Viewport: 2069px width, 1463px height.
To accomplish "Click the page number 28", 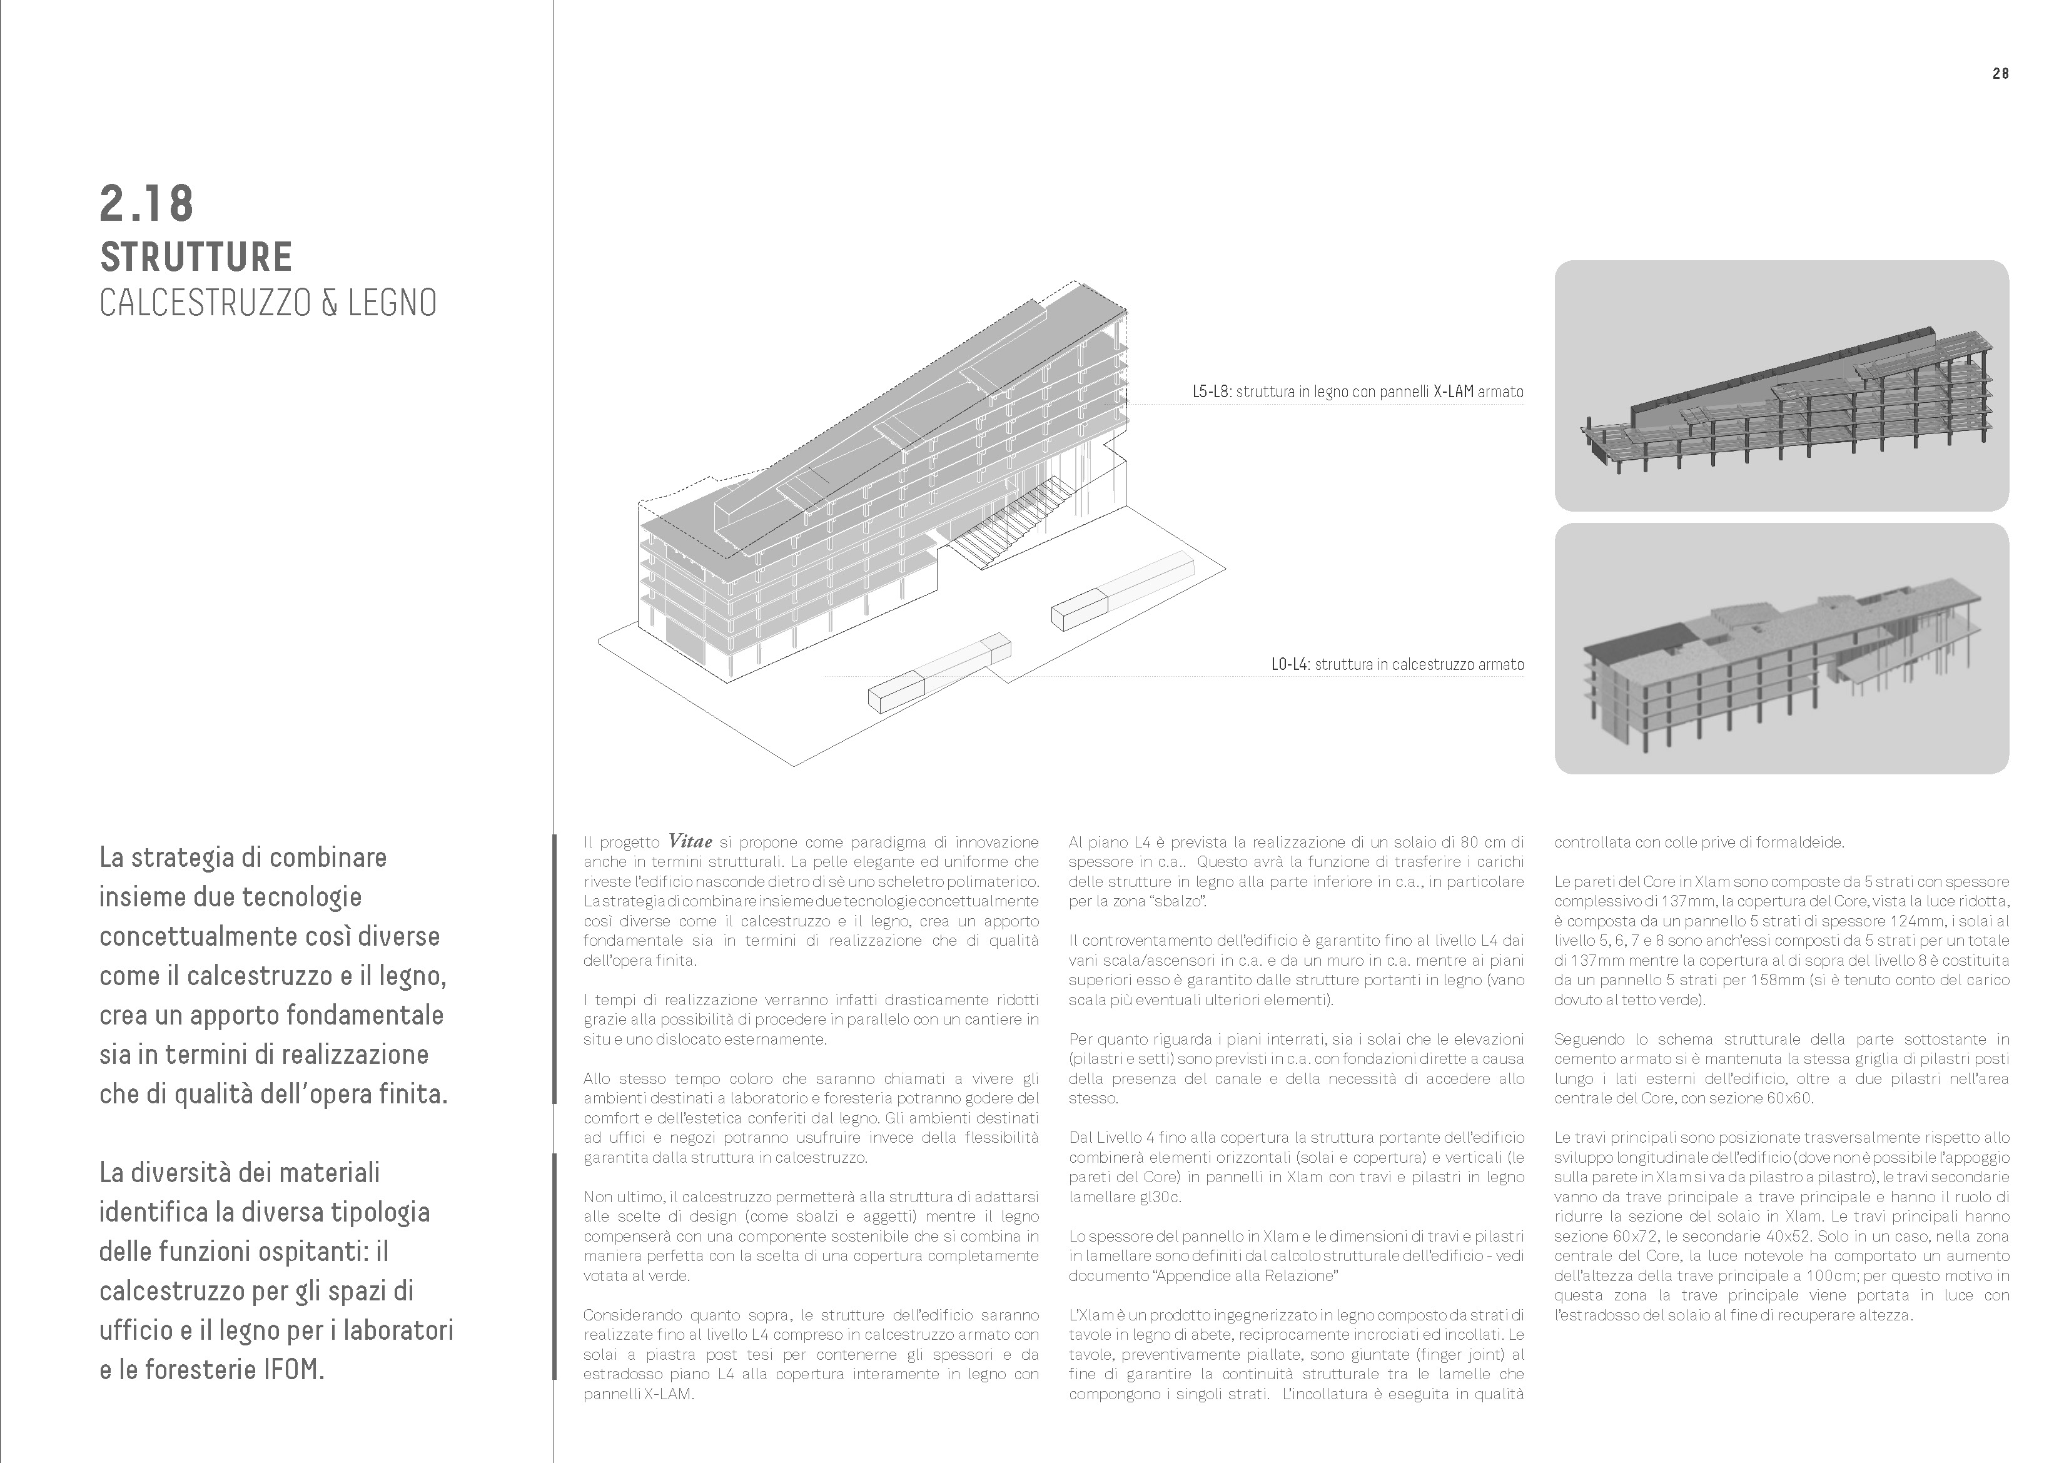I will click(x=2000, y=74).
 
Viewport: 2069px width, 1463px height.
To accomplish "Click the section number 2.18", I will click(x=147, y=204).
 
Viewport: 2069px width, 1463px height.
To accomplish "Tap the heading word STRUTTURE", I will click(x=196, y=257).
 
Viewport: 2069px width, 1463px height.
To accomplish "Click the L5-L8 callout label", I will click(x=1211, y=392).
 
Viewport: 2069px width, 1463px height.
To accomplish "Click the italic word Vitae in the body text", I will click(x=691, y=842).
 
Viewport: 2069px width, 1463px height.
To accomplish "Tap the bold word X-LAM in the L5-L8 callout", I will click(x=1454, y=392).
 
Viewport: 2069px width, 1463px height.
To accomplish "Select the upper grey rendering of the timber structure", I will click(x=1781, y=386).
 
